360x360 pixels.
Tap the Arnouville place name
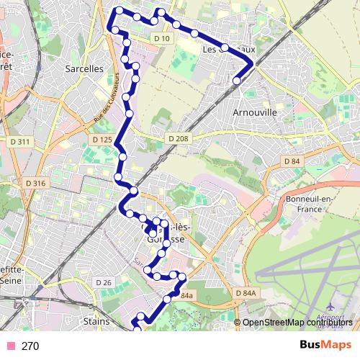click(256, 113)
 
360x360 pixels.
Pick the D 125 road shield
click(102, 139)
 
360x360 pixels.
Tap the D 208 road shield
click(177, 138)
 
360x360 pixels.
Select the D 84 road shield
click(292, 161)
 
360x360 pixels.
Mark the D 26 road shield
click(104, 282)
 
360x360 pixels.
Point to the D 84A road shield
click(245, 294)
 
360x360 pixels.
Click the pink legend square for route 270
click(9, 346)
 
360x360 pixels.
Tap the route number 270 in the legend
click(30, 346)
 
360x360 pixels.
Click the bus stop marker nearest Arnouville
click(236, 81)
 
